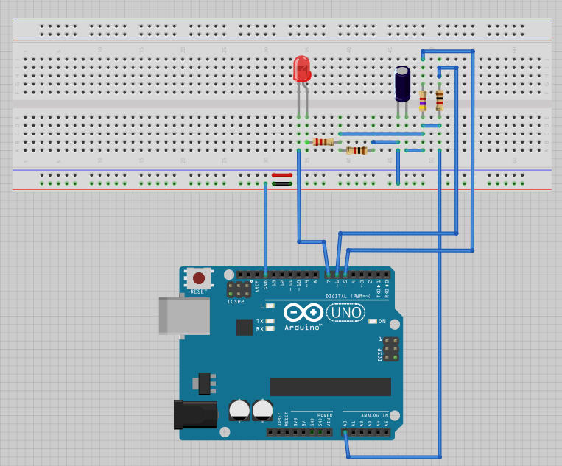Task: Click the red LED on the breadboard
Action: tap(301, 70)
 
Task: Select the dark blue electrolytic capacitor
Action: tap(402, 84)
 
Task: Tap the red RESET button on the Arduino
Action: tap(199, 278)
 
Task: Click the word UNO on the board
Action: tap(345, 312)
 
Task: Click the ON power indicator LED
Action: tap(373, 322)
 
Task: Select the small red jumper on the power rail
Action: tap(282, 175)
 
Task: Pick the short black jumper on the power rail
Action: tap(282, 183)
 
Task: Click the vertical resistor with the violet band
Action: tap(423, 100)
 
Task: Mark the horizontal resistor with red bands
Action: tap(323, 142)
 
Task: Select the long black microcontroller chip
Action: tap(330, 386)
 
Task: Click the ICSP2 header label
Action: tap(235, 301)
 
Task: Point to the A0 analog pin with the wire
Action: tap(345, 433)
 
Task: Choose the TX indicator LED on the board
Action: tap(270, 322)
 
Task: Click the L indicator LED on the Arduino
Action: tap(270, 306)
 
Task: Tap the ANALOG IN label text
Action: tap(365, 414)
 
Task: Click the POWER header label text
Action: tap(323, 414)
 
